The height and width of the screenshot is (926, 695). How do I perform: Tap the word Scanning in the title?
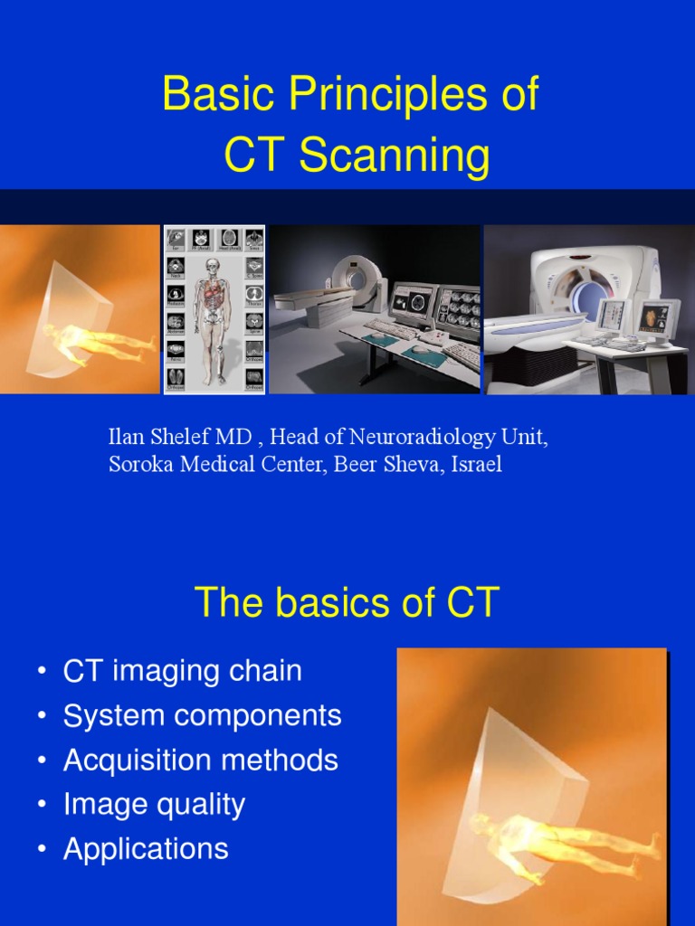click(395, 156)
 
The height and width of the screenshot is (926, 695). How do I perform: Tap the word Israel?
click(477, 465)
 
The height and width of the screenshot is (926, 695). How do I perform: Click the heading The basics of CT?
click(347, 603)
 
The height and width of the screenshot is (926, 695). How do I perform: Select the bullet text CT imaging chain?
click(182, 671)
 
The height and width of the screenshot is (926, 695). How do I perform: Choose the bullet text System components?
click(202, 715)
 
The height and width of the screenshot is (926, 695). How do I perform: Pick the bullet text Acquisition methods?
click(200, 760)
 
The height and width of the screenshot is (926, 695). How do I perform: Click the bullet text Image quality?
click(154, 804)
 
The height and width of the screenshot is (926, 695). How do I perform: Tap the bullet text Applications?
click(146, 848)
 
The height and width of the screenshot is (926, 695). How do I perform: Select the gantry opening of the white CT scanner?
click(589, 298)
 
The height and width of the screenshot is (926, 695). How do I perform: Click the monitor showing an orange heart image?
click(655, 318)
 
